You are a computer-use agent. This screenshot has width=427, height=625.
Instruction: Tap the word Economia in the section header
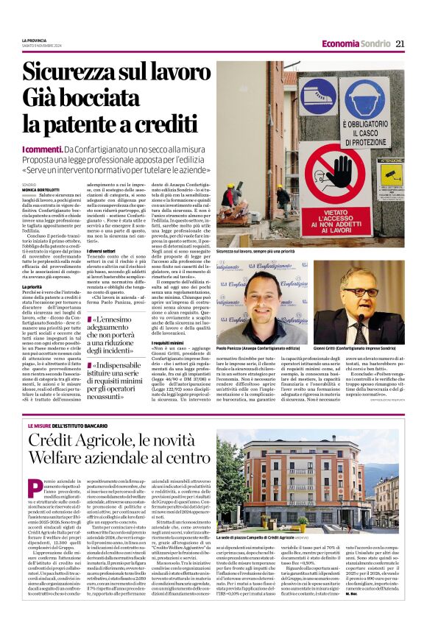(x=340, y=43)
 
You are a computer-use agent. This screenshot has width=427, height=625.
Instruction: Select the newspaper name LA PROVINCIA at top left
(x=34, y=40)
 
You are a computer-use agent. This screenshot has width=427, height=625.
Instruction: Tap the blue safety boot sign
(x=317, y=96)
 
